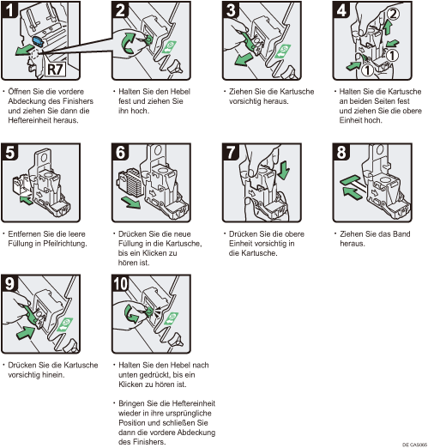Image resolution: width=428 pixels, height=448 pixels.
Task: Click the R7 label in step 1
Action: [55, 70]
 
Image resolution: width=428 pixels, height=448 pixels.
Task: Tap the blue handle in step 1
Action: [38, 41]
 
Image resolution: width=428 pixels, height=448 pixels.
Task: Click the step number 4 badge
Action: [341, 10]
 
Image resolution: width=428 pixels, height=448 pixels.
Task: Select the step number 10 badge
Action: [120, 283]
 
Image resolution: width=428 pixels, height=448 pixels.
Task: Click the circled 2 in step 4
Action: [394, 14]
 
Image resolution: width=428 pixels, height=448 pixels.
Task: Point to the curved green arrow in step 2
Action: [128, 43]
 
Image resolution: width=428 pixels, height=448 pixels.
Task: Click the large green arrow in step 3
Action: [242, 59]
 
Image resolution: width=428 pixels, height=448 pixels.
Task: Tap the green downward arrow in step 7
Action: [284, 171]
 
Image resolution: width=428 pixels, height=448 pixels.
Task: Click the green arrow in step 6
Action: [130, 203]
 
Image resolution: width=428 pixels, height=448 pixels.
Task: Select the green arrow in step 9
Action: [27, 333]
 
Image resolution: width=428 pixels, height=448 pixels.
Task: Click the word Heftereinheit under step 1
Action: [28, 120]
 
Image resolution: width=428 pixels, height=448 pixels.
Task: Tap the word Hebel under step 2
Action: [180, 92]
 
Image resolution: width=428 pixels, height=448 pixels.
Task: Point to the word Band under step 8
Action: [401, 234]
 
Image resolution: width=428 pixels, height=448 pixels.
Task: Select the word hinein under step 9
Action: [53, 375]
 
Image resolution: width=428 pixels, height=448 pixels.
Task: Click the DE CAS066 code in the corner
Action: [414, 445]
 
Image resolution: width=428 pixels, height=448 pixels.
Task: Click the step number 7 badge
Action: [231, 152]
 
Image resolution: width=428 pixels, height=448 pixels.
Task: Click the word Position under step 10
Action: [132, 423]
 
